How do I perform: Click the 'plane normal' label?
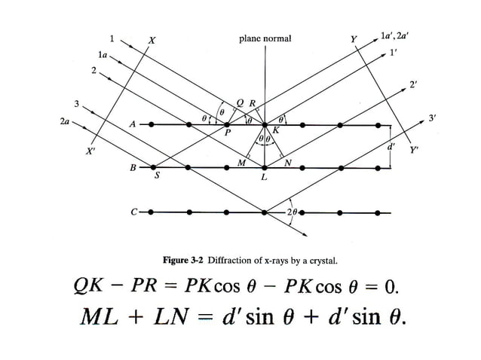(265, 38)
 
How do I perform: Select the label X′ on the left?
(91, 151)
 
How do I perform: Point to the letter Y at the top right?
(354, 38)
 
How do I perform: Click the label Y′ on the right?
(414, 150)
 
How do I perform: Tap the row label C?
(133, 212)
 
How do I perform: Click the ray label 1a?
(103, 55)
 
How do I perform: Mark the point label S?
(157, 177)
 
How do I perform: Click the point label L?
(263, 178)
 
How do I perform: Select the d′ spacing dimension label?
(391, 146)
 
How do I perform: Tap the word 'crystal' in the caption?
(320, 261)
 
